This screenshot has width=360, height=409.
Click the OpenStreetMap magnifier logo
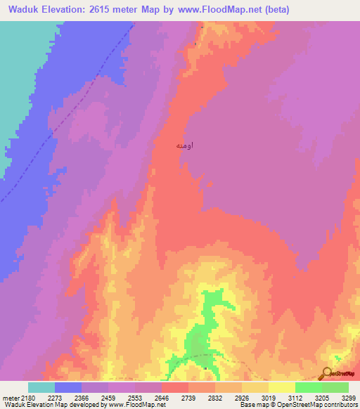326,372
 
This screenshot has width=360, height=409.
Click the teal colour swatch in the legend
41,387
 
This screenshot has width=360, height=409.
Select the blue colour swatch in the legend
68,387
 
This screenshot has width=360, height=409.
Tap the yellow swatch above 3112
282,387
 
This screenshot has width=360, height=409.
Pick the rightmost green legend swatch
335,387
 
